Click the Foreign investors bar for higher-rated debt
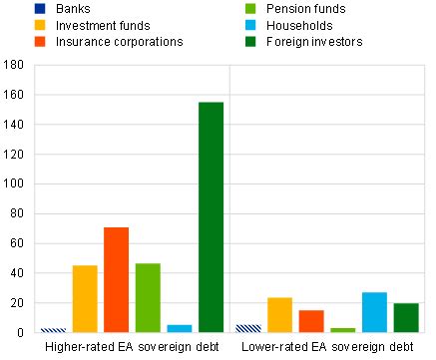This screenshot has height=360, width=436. pos(211,217)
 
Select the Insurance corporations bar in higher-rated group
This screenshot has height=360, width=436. pos(116,280)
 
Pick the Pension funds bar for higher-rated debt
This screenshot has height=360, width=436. pos(148,298)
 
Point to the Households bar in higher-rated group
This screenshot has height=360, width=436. pos(180,328)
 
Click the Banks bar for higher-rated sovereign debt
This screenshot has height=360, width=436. pos(53,329)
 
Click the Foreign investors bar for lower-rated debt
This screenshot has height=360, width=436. pos(406,317)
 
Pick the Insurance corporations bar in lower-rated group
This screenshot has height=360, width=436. pos(311,321)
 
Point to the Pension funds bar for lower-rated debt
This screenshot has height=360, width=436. pos(342,330)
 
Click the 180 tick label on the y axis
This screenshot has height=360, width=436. pos(14,65)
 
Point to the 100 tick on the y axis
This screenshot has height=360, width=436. pos(14,183)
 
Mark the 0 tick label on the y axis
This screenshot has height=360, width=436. pos(20,332)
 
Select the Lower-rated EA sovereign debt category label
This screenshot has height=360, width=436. pos(327,347)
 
